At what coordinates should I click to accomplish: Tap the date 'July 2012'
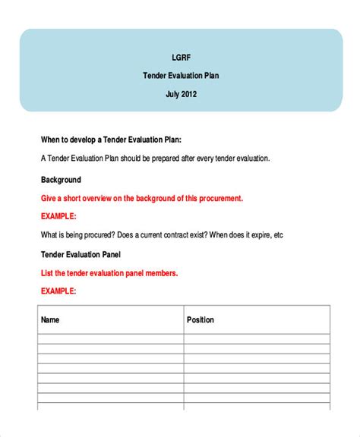pyautogui.click(x=181, y=95)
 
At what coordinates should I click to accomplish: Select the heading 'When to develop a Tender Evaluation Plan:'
pyautogui.click(x=110, y=140)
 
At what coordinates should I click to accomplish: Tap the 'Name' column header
pyautogui.click(x=50, y=320)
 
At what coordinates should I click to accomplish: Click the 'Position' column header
pyautogui.click(x=201, y=320)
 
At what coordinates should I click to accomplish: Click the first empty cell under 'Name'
pyautogui.click(x=109, y=338)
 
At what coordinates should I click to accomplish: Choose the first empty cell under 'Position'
pyautogui.click(x=257, y=338)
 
